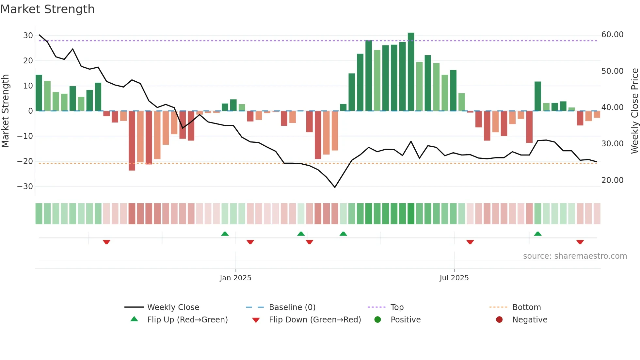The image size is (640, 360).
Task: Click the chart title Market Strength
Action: pos(47,9)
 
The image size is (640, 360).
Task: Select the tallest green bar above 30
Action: pos(411,72)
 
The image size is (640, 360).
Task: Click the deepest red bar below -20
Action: pos(132,140)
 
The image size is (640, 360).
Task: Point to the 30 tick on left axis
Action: pos(28,36)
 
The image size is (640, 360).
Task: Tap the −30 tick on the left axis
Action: pos(25,187)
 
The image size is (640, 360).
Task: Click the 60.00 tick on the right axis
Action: pos(612,35)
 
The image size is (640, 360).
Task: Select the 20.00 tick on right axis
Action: pos(612,180)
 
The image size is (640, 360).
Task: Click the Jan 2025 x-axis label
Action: pos(235,278)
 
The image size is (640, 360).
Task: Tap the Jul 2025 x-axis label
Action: pos(454,278)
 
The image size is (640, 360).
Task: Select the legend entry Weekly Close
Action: pos(173,307)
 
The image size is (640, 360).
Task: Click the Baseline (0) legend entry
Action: pos(292,307)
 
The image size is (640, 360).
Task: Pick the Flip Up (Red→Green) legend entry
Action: pos(187,320)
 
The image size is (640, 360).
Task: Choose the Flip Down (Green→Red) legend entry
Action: pos(315,320)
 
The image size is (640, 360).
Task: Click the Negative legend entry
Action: pos(529,320)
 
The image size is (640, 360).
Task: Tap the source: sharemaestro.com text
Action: pos(575,256)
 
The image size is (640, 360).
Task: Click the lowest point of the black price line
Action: pos(335,187)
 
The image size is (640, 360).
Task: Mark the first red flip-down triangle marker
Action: pos(106,242)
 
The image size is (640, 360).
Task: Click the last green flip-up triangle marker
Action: pos(537,234)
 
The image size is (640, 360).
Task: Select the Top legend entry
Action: pos(397,307)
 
